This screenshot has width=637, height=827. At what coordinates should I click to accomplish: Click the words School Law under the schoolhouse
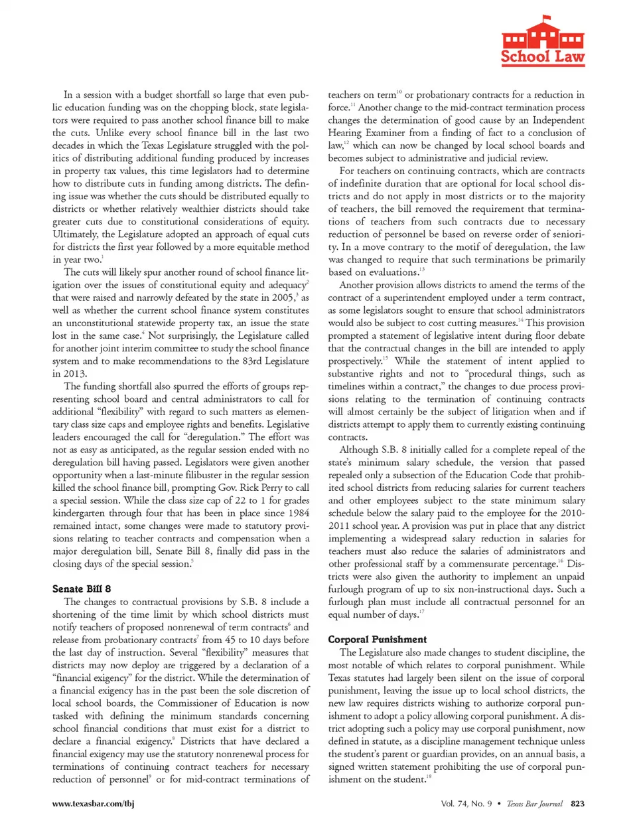pyautogui.click(x=543, y=56)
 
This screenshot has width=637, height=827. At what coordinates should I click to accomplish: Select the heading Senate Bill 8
pyautogui.click(x=82, y=589)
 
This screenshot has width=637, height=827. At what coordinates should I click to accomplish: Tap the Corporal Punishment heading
pyautogui.click(x=377, y=640)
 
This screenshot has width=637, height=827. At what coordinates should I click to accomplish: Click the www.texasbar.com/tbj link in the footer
pyautogui.click(x=94, y=804)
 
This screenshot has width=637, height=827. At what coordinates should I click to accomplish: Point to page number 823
pyautogui.click(x=577, y=804)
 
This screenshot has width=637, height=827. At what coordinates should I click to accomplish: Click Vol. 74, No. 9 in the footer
pyautogui.click(x=466, y=804)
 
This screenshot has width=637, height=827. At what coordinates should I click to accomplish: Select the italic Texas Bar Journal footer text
pyautogui.click(x=534, y=804)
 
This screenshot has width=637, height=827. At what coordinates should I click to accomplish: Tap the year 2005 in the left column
pyautogui.click(x=282, y=298)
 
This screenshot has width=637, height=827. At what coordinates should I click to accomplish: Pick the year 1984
pyautogui.click(x=297, y=513)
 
